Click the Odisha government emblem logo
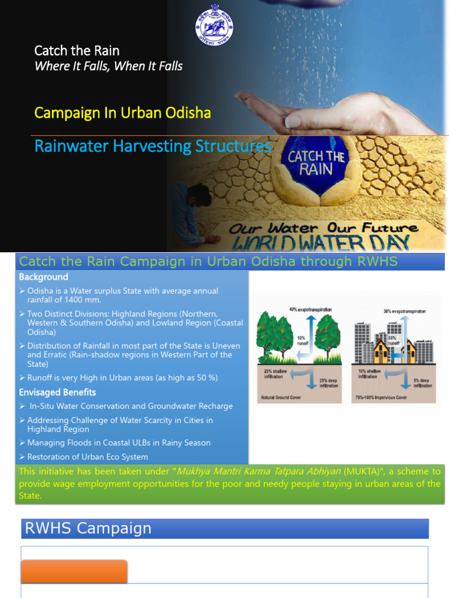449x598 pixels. (x=213, y=29)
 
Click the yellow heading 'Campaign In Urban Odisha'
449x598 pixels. (x=122, y=113)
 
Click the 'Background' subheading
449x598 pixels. (x=43, y=277)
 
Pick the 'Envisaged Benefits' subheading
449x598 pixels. (x=57, y=392)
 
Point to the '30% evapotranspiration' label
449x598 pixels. (x=405, y=311)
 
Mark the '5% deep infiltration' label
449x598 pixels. (x=423, y=383)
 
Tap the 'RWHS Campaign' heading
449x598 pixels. (x=88, y=529)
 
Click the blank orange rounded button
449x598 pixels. (x=74, y=571)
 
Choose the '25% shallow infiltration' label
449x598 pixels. (x=275, y=374)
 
